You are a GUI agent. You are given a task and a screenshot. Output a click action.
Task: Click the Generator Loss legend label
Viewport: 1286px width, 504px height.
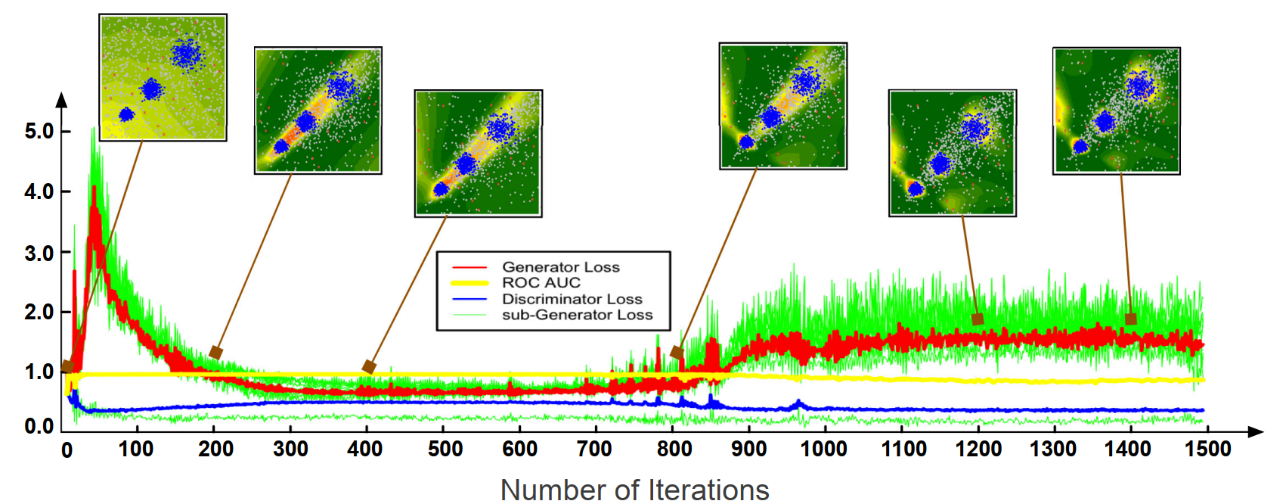coord(560,267)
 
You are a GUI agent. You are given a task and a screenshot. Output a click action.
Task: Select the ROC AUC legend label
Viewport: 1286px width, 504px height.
coord(541,283)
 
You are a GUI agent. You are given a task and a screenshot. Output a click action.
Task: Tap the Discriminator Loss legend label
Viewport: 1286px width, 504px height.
coord(572,299)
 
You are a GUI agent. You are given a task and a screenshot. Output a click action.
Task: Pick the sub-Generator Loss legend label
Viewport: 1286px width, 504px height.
coord(577,315)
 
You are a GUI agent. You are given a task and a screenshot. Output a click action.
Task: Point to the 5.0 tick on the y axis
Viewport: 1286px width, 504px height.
coord(39,131)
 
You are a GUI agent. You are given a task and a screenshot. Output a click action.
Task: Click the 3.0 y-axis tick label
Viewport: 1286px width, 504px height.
coord(39,253)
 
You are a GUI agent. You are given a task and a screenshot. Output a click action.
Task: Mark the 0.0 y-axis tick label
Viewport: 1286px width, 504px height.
coord(39,426)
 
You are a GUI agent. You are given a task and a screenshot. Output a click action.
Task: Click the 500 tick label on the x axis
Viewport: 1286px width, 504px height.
coord(445,450)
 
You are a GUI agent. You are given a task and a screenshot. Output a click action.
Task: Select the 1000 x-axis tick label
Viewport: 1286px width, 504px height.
coord(823,450)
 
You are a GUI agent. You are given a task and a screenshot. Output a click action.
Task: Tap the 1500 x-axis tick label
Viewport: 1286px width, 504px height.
coord(1207,450)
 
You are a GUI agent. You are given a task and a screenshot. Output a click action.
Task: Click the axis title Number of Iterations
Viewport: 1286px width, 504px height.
coord(634,490)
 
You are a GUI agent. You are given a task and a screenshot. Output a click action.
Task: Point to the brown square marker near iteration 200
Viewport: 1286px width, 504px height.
coord(215,353)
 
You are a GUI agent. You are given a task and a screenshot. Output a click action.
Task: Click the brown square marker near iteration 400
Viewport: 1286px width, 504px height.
coord(369,367)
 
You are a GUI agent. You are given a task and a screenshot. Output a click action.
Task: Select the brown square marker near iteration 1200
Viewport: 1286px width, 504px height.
coord(978,319)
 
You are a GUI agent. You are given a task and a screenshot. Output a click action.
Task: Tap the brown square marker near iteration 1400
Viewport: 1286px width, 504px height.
coord(1130,319)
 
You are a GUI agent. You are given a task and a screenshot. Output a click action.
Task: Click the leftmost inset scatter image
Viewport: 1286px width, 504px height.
coord(163,77)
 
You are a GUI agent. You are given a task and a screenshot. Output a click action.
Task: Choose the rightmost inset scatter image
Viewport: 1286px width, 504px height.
coord(1117,110)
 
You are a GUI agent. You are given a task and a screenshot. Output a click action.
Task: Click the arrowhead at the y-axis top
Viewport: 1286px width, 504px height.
coord(62,99)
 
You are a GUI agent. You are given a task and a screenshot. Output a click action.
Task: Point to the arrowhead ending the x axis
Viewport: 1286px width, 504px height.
coord(1255,431)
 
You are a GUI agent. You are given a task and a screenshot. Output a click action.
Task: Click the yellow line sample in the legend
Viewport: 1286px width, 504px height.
coord(469,283)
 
